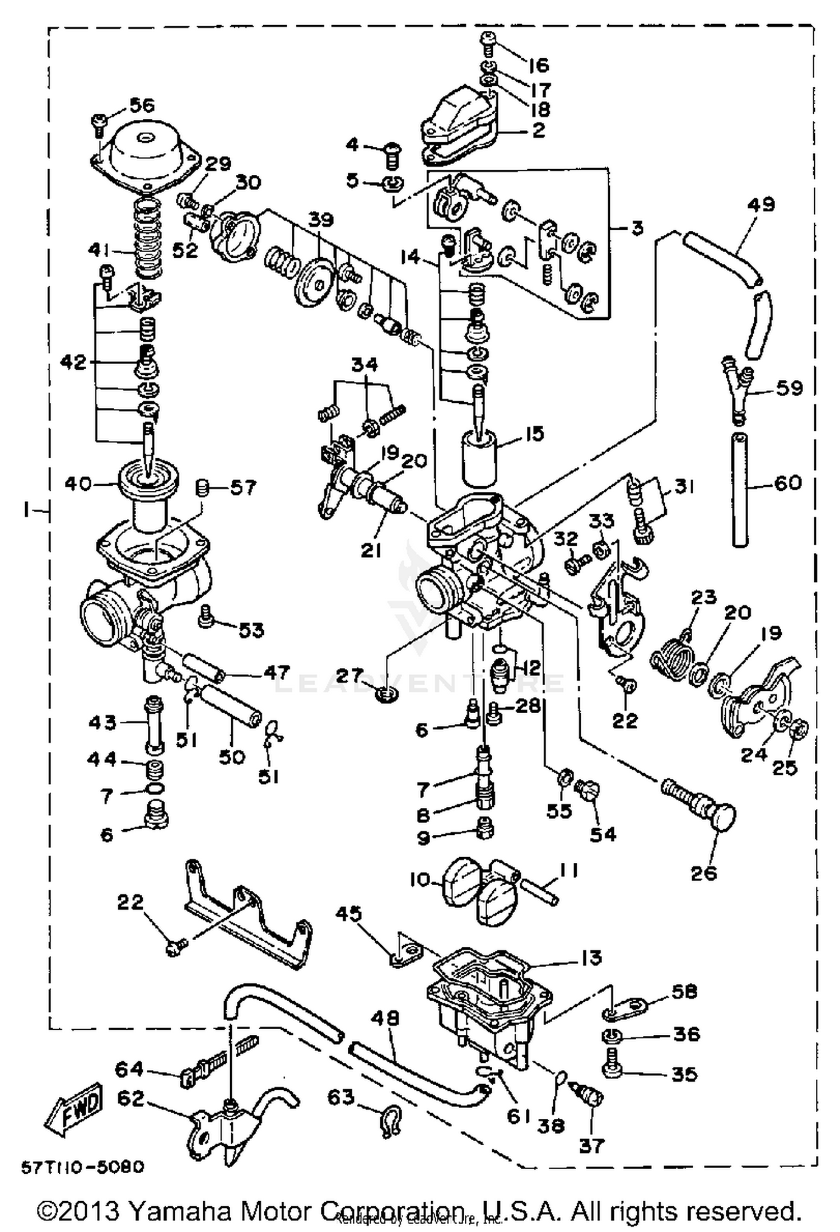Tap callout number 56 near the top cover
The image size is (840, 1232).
pyautogui.click(x=142, y=105)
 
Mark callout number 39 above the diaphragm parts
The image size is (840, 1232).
pyautogui.click(x=323, y=220)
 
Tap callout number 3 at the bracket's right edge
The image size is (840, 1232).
pyautogui.click(x=637, y=228)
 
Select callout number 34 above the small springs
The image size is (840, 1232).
pyautogui.click(x=365, y=365)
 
